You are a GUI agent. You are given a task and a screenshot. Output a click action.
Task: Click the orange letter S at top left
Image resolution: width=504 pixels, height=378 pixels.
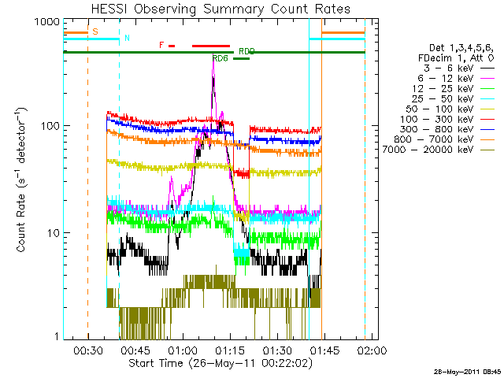tap(95, 31)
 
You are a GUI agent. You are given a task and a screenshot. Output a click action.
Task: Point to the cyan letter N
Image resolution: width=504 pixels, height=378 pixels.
tap(127, 38)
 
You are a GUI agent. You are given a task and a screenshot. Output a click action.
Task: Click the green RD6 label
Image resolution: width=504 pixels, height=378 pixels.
tap(220, 58)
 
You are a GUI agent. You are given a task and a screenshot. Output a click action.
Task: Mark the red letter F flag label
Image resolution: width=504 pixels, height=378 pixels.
tap(161, 45)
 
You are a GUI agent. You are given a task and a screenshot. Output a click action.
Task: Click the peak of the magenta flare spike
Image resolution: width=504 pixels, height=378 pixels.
tap(213, 61)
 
